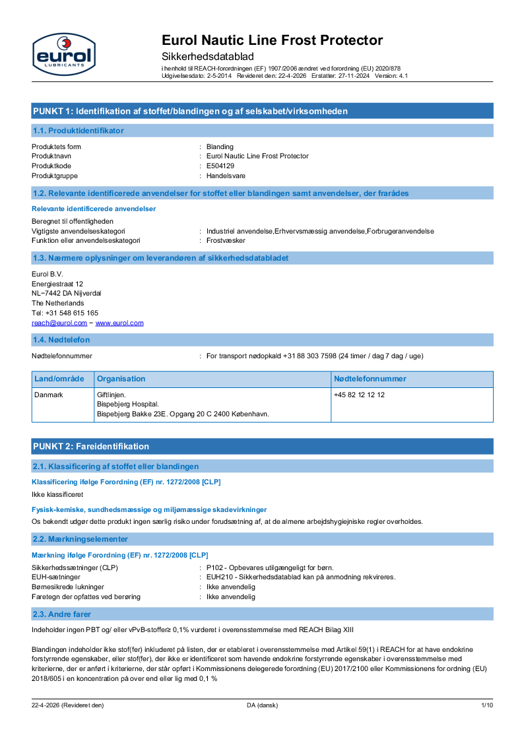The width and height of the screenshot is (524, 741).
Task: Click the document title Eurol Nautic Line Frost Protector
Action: [272, 40]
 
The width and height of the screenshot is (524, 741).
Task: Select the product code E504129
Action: [220, 166]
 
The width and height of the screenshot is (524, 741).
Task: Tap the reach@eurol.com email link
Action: [59, 323]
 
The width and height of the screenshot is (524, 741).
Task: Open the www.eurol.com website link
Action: [119, 323]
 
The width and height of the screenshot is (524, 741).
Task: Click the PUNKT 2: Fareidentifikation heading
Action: [91, 447]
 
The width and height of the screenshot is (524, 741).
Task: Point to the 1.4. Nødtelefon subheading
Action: [61, 340]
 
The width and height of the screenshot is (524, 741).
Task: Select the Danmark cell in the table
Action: [48, 395]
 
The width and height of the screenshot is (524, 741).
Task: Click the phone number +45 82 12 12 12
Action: [359, 395]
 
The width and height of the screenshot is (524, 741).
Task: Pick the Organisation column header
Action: [121, 379]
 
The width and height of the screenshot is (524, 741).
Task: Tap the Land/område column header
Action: [59, 379]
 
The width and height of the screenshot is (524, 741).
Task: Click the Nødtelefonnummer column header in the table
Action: [370, 379]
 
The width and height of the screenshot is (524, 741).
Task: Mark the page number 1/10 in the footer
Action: [487, 705]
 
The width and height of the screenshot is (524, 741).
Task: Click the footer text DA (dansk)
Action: [262, 705]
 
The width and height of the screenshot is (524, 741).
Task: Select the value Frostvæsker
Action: [226, 241]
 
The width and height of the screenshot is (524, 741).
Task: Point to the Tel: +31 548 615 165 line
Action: [65, 313]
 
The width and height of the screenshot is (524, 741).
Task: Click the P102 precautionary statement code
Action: [214, 567]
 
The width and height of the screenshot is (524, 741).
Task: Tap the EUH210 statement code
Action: [218, 577]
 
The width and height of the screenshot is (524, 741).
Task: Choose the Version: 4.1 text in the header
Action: [391, 76]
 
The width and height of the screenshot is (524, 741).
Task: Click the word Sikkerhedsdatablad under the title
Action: [207, 57]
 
